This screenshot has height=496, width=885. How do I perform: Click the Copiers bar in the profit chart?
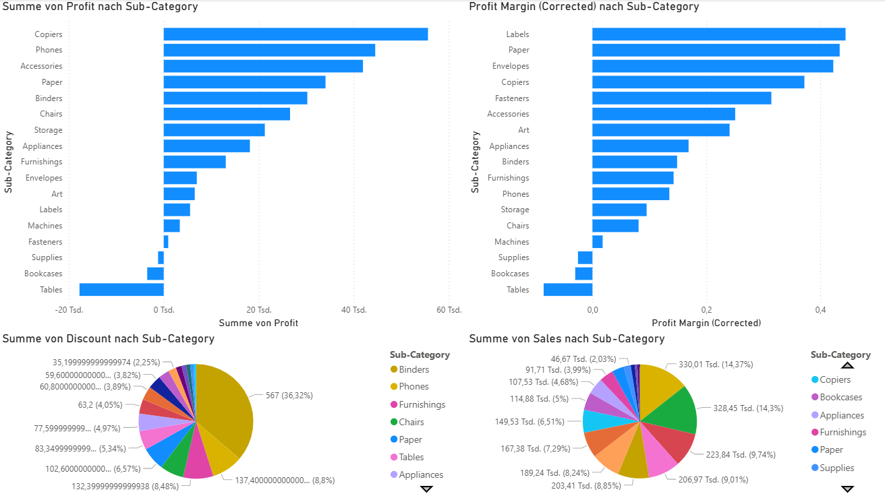tap(295, 34)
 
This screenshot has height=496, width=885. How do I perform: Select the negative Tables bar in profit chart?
tap(121, 290)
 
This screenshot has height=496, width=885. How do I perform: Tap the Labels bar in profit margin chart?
tap(718, 34)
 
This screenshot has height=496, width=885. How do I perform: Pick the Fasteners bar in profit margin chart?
tap(681, 98)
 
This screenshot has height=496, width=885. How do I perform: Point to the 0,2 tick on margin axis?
tap(706, 310)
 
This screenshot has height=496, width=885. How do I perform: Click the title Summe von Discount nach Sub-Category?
tap(109, 339)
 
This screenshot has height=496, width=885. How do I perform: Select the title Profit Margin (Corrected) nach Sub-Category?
tap(583, 7)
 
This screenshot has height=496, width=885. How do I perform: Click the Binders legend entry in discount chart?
tap(413, 369)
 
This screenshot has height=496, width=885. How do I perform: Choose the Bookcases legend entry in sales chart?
tap(840, 398)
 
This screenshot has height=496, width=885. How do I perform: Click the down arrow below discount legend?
tap(426, 489)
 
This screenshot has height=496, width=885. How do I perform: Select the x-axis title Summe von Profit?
tap(258, 323)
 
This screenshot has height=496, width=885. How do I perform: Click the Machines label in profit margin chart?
tap(511, 242)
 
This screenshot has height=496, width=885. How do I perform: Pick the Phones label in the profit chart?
tap(49, 50)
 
